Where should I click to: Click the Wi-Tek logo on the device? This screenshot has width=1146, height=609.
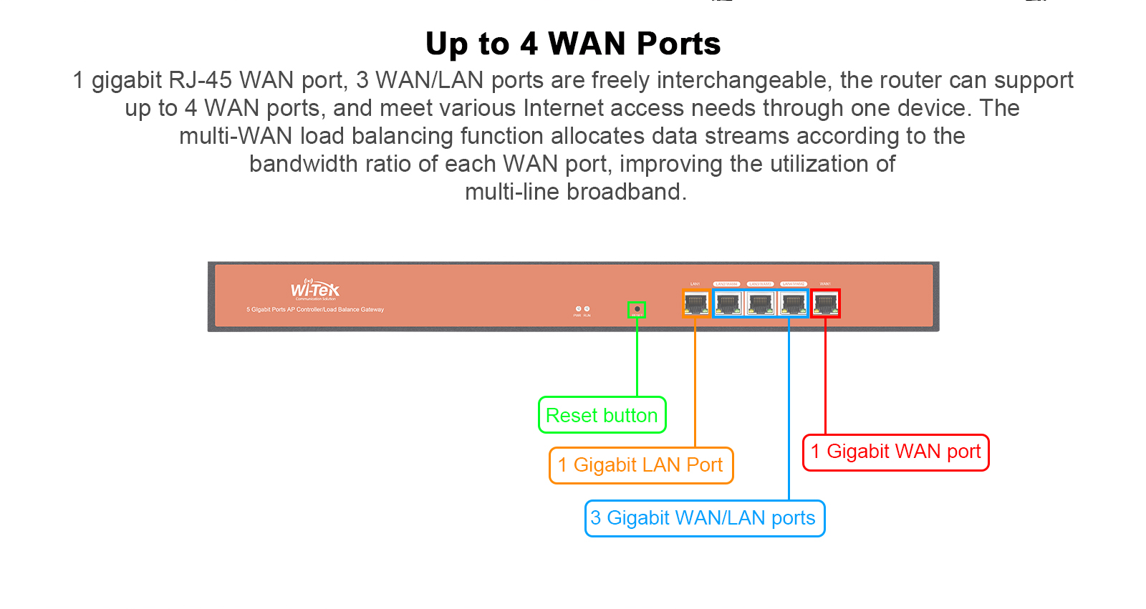coord(314,289)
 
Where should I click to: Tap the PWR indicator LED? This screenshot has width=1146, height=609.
coord(578,309)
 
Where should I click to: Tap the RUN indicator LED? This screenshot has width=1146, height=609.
coord(587,309)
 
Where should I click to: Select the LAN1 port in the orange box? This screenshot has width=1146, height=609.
coord(695,303)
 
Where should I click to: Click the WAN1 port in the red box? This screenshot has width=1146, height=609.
coord(825,303)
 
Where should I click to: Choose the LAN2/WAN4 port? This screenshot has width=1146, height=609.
coord(728,303)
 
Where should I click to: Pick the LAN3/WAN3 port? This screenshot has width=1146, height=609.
coord(760,303)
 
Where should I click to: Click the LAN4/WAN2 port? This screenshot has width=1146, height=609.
coord(793,303)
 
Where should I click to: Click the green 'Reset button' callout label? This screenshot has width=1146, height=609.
coord(602,415)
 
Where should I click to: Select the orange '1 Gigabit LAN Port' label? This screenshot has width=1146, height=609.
coord(641,465)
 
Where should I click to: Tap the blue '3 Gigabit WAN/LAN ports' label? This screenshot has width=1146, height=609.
coord(704,518)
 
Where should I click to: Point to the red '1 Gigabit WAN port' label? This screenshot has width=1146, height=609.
coord(895,452)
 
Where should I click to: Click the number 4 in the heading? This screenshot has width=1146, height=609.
coord(529,44)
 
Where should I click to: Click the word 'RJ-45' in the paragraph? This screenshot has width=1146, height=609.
coord(200,80)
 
